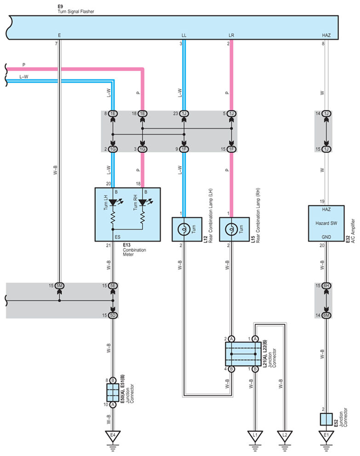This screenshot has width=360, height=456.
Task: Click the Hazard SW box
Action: (x=326, y=223)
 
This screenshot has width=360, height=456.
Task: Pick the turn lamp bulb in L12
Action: (x=184, y=230)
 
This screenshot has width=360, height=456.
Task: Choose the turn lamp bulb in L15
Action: (x=231, y=230)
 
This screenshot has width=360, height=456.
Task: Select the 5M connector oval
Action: (x=59, y=286)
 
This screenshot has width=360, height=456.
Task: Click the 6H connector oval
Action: (x=326, y=286)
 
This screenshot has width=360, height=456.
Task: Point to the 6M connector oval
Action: (x=326, y=315)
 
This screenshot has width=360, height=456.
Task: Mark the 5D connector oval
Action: (x=113, y=315)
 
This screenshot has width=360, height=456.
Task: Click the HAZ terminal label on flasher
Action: (x=326, y=35)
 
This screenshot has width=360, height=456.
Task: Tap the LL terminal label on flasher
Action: (x=184, y=35)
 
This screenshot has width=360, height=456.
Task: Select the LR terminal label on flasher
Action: (x=231, y=35)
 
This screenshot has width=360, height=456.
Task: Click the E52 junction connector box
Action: (x=326, y=419)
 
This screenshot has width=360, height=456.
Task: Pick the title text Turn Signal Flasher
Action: (x=76, y=12)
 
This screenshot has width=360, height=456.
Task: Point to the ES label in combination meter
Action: (x=117, y=237)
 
